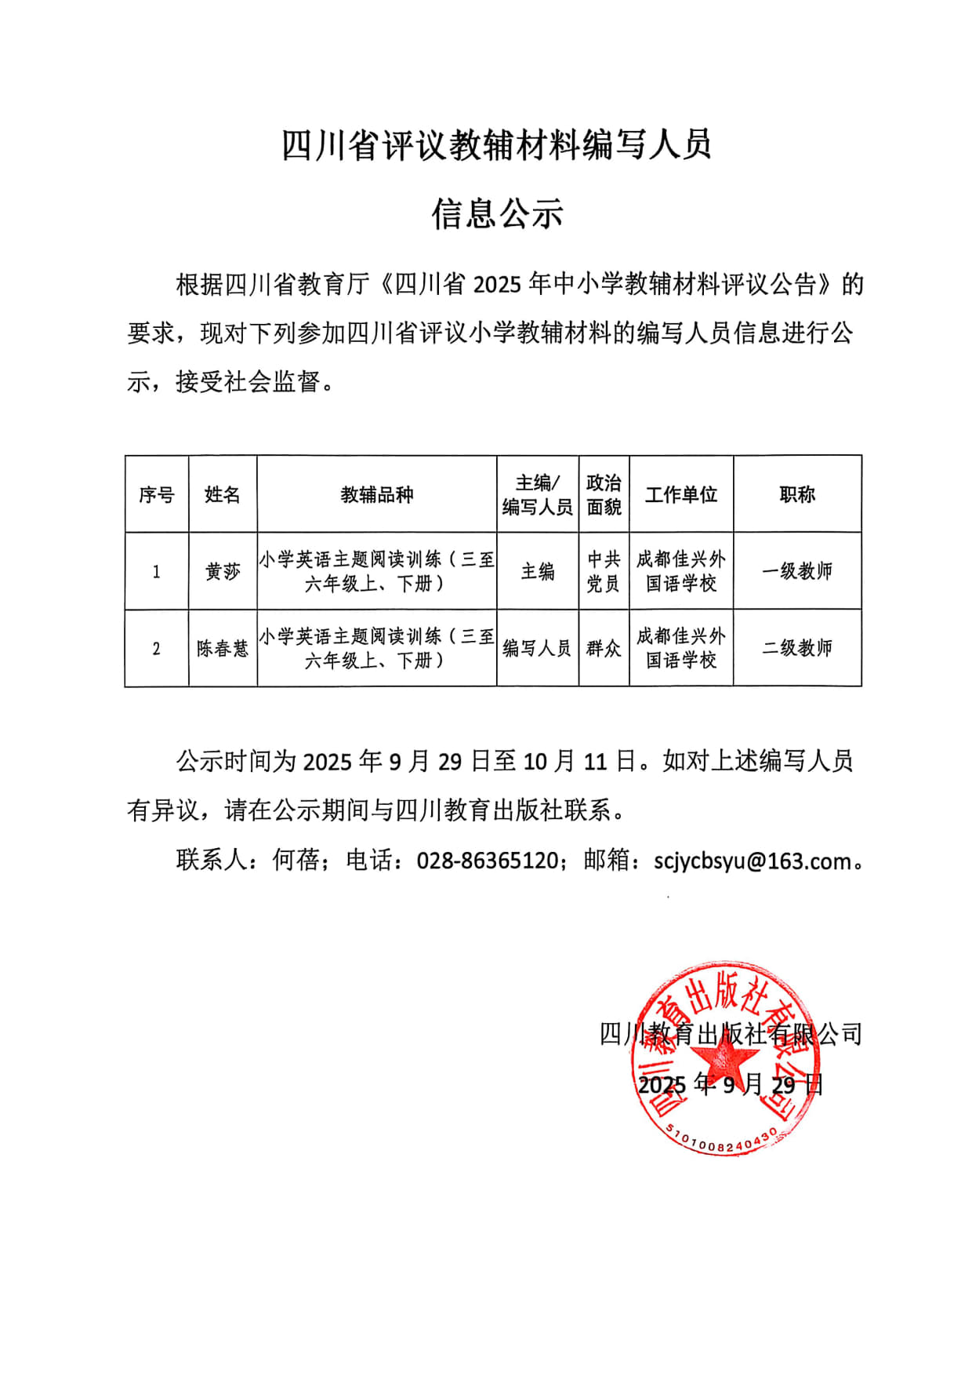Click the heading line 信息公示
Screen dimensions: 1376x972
[x=497, y=213]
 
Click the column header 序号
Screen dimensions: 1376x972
[x=156, y=495]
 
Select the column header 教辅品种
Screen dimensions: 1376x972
[x=376, y=495]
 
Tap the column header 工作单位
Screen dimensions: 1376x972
[x=680, y=495]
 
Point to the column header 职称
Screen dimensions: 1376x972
[x=797, y=495]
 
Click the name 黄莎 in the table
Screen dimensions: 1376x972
[x=223, y=572]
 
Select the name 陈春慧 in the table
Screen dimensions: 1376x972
[x=223, y=649]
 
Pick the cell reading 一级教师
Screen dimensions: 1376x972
[x=797, y=572]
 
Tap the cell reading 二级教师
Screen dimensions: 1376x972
[x=797, y=649]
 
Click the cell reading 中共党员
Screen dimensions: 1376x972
[x=604, y=571]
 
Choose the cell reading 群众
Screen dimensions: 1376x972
[x=604, y=649]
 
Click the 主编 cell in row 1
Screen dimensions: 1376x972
[x=538, y=572]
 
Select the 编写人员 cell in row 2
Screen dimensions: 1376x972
[x=537, y=649]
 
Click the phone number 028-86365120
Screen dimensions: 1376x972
[x=487, y=861]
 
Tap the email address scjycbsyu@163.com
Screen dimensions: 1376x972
[x=753, y=861]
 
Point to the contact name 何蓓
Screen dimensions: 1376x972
[x=296, y=861]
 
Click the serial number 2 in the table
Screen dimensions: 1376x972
[x=156, y=649]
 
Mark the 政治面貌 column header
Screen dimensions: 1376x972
[x=604, y=495]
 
